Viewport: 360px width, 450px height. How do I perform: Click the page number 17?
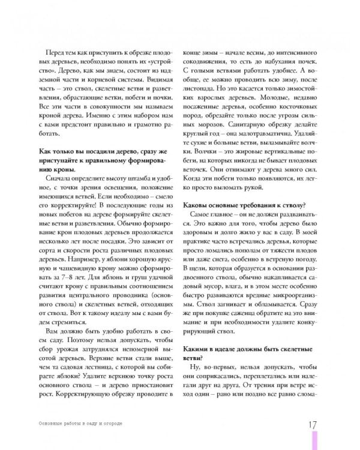[311, 424]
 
